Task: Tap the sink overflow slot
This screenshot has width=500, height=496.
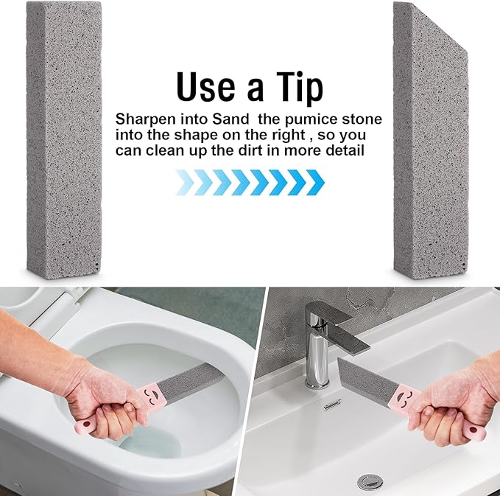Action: [333, 404]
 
